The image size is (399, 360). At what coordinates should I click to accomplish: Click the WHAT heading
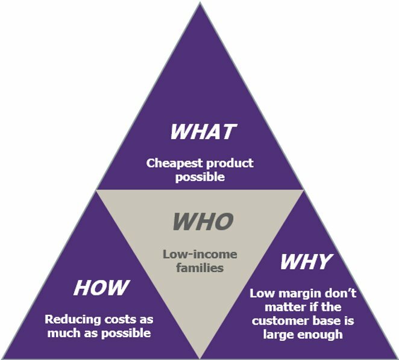click(203, 132)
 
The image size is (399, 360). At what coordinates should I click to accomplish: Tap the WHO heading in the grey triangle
click(203, 222)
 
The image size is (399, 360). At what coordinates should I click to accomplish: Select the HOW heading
click(101, 288)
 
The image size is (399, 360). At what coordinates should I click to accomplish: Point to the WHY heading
click(306, 262)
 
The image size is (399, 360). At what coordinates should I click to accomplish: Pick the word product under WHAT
click(230, 164)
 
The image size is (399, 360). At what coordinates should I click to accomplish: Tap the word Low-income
click(200, 254)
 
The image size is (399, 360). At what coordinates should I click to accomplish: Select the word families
click(200, 268)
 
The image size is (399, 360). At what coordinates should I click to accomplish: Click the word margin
click(295, 294)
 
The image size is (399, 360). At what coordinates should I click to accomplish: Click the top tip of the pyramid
click(200, 2)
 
